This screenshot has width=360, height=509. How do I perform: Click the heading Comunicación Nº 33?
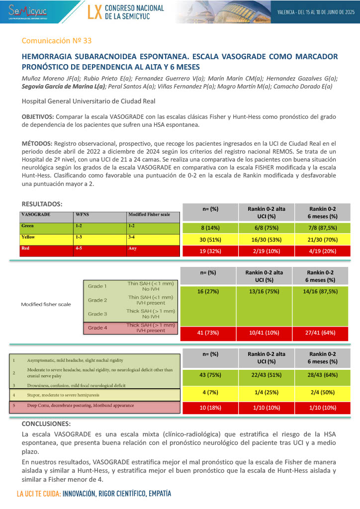point(57,40)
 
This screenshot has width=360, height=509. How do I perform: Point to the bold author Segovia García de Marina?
point(64,86)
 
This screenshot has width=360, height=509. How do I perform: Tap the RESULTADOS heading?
point(42,204)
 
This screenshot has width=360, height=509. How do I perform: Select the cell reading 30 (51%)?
point(210,240)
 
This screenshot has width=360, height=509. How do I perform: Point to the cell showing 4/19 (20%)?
point(323,251)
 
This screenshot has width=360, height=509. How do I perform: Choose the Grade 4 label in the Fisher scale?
point(97,328)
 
